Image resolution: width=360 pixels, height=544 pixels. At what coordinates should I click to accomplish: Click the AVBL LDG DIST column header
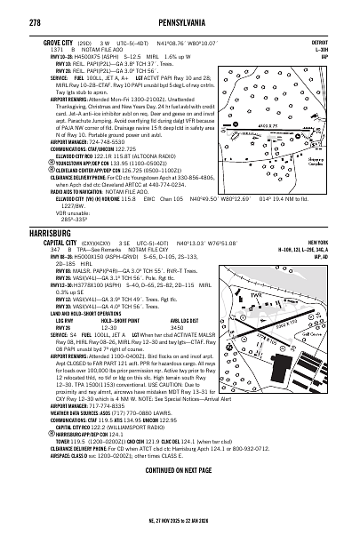pos(155,321)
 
